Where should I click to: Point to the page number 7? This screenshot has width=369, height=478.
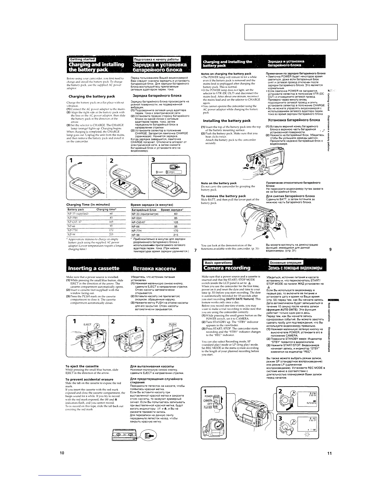196,250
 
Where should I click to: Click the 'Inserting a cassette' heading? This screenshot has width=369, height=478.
94,268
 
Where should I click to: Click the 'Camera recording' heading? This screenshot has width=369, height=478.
227,268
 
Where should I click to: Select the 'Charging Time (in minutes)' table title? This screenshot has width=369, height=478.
88,205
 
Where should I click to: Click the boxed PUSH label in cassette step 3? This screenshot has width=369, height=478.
173,324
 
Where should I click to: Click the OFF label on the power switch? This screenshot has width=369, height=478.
210,403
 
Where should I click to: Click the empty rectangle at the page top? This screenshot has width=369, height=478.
291,32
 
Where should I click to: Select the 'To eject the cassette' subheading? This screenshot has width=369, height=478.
82,366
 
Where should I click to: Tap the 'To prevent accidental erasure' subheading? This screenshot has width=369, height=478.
89,379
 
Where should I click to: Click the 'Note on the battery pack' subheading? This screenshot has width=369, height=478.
219,183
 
